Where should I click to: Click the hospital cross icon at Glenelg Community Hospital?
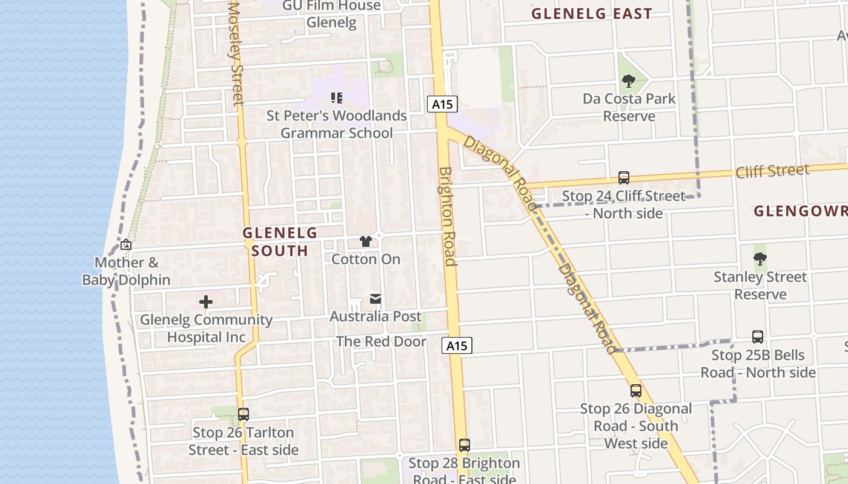[206, 301]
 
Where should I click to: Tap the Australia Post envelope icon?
[376, 298]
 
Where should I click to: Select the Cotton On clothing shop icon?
[365, 241]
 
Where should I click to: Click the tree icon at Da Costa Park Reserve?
[628, 80]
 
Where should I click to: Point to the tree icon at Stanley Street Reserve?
[760, 259]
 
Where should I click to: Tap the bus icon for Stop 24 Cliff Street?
[624, 178]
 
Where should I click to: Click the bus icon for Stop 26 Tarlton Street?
[243, 414]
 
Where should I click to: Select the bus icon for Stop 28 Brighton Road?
[465, 445]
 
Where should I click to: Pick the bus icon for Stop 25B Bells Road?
[758, 337]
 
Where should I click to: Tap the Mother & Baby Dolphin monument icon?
[126, 244]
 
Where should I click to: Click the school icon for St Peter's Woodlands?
[337, 97]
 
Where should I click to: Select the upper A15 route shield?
[442, 104]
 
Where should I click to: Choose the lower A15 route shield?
[457, 345]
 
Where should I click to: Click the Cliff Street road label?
[772, 171]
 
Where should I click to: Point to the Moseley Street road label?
[235, 53]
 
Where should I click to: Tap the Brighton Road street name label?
[448, 216]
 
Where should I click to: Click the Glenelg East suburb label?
[591, 13]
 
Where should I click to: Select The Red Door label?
[382, 341]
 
